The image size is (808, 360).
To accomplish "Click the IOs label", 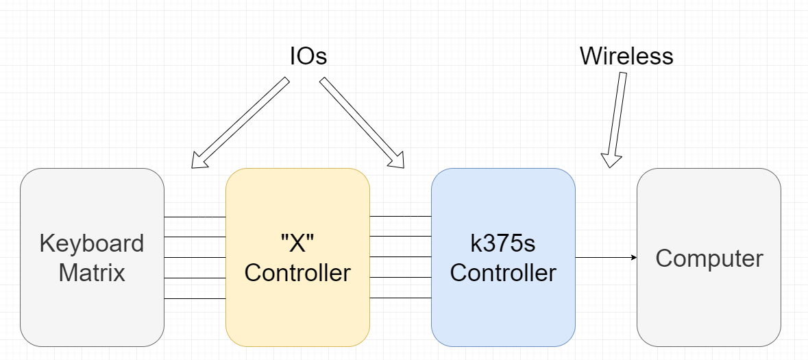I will point(308,57).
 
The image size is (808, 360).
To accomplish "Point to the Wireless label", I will point(626,56).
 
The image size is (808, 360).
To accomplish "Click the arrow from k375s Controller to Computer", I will point(606,258).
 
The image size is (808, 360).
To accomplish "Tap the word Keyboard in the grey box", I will point(92,244).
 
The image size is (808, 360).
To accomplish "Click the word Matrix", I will point(92,273).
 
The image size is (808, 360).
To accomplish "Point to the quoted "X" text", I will point(297,244).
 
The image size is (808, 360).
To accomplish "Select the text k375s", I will point(503,244).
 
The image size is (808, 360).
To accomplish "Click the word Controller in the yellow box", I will point(297,273).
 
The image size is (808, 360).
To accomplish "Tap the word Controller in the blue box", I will point(503,273).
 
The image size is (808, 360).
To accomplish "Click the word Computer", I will point(709,259).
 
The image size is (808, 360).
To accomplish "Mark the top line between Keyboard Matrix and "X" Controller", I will point(195,217).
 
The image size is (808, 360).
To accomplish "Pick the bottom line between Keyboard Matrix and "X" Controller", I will point(195,299).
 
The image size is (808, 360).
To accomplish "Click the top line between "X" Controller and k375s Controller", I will point(400,217).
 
